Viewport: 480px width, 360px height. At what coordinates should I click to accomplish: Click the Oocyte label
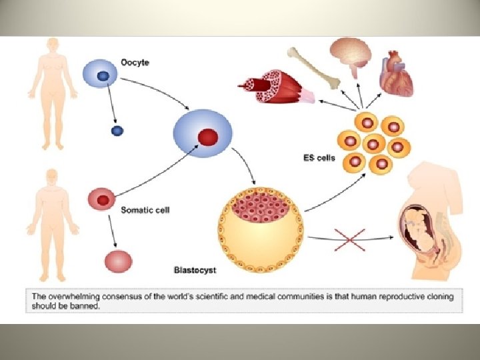135,63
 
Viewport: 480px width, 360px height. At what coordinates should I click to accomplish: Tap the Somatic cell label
145,210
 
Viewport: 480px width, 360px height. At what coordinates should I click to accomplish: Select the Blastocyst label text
195,271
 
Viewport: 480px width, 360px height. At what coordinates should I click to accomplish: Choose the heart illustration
396,76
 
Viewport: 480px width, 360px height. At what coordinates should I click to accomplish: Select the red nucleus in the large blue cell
207,137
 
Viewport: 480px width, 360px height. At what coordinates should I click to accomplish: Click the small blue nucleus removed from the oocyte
117,130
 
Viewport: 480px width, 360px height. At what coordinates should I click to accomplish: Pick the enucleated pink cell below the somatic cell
119,260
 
